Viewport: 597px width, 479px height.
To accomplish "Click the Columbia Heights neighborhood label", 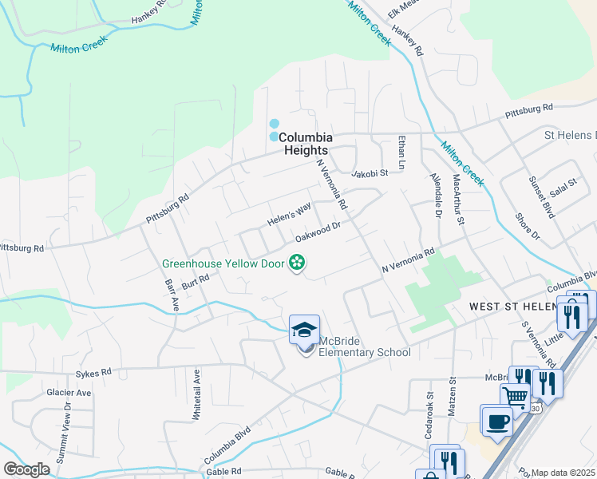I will (x=303, y=144).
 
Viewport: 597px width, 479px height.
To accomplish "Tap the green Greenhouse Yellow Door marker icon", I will (x=297, y=261).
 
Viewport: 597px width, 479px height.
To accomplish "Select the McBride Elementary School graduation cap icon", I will (x=303, y=329).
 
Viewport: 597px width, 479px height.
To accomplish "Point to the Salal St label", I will (x=563, y=188).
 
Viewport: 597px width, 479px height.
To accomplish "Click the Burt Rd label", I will (x=195, y=280).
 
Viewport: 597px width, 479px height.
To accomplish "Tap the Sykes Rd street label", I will (x=93, y=372).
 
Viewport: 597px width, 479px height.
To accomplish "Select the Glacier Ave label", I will (x=69, y=393).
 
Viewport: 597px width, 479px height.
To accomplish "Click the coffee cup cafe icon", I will (x=496, y=421).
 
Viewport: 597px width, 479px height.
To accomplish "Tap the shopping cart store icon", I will (x=516, y=396).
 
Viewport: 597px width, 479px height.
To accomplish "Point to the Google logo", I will (x=26, y=469).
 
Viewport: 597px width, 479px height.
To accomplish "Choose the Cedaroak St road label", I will (x=429, y=405).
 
